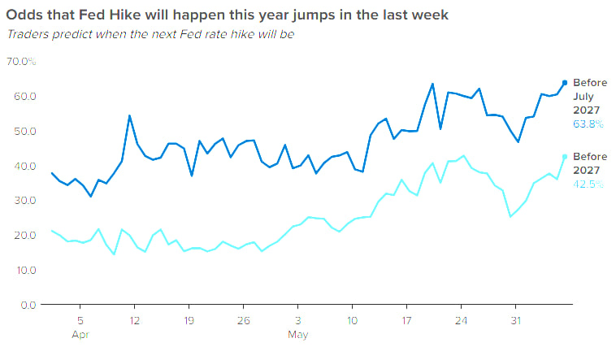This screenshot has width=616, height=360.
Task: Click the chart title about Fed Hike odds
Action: pyautogui.click(x=227, y=15)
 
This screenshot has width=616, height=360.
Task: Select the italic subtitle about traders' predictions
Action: pyautogui.click(x=150, y=35)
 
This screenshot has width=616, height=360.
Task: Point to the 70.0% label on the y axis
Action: pyautogui.click(x=21, y=61)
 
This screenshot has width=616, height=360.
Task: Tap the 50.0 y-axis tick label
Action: pyautogui.click(x=25, y=131)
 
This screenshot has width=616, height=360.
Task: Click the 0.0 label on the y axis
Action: pyautogui.click(x=28, y=305)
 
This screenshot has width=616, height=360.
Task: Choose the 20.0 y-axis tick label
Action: pyautogui.click(x=25, y=235)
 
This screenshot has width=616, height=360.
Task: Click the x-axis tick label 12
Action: pyautogui.click(x=134, y=321)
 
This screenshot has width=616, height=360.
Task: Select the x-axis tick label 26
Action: pyautogui.click(x=243, y=321)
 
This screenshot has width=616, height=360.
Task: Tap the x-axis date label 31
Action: pyautogui.click(x=515, y=321)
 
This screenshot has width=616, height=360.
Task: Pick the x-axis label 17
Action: pyautogui.click(x=406, y=321)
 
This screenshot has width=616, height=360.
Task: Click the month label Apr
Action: pyautogui.click(x=80, y=335)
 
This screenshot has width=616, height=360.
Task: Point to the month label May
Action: pyautogui.click(x=297, y=335)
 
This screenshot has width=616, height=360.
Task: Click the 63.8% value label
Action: pyautogui.click(x=588, y=124)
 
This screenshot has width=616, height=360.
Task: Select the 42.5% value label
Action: pyautogui.click(x=588, y=184)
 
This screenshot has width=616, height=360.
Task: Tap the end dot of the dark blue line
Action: pyautogui.click(x=565, y=83)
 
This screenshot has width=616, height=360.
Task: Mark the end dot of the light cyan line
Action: pyautogui.click(x=565, y=156)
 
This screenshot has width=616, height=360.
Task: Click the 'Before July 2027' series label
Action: pyautogui.click(x=590, y=96)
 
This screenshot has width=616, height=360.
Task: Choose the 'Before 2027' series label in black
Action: pyautogui.click(x=590, y=163)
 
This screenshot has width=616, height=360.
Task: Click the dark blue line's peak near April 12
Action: pyautogui.click(x=129, y=115)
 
